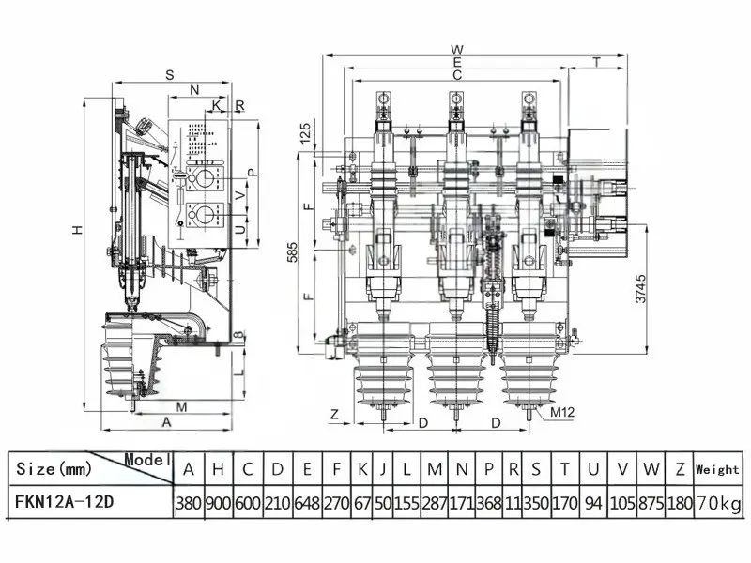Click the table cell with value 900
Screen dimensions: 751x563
[219, 503]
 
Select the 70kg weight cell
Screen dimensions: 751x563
[718, 503]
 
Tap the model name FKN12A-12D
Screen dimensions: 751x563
[65, 502]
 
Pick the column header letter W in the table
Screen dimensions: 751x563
[651, 469]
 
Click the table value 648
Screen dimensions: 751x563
[307, 503]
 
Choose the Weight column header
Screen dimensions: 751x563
[717, 470]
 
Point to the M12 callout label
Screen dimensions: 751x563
[561, 412]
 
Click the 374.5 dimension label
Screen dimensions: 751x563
[640, 288]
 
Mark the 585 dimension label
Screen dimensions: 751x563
[293, 252]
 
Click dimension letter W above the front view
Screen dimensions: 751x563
[457, 50]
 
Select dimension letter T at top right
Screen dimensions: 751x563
[596, 62]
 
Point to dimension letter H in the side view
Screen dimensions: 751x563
[78, 230]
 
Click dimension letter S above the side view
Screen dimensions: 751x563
[170, 75]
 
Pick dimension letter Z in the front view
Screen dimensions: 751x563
[335, 413]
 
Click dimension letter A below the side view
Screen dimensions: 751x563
[166, 422]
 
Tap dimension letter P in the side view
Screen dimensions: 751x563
[253, 173]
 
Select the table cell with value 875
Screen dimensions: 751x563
[651, 503]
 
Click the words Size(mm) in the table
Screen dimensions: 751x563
[54, 468]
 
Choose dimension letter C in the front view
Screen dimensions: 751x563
[457, 75]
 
